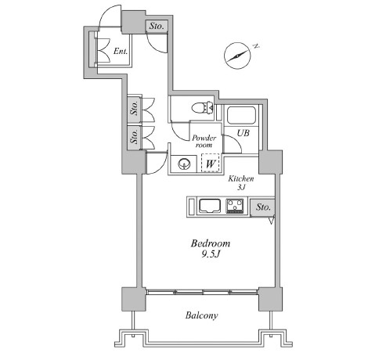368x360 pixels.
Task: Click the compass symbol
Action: coord(237,56)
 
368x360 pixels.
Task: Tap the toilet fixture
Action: coord(202,108)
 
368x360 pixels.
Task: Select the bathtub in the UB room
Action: coord(241,115)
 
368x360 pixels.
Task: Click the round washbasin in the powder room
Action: coord(184,164)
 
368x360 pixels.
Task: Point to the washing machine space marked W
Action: coord(211,163)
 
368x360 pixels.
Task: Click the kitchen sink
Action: coord(210,206)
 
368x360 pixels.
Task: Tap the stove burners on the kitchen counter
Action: coord(235,206)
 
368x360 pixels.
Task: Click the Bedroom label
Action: coord(211,243)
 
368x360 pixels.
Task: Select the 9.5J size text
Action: coord(211,254)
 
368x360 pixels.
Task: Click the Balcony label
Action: coord(201,315)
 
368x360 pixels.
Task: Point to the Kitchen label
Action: coord(241,178)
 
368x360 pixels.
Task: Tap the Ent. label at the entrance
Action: coord(121,51)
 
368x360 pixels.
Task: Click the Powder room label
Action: coord(204,142)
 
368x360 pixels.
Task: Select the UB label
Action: coord(243,133)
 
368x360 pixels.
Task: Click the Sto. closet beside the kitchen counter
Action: coord(262,207)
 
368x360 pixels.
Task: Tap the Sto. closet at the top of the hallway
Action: coord(157,26)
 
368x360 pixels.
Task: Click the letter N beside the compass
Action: coord(257,46)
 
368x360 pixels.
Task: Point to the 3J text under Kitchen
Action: coord(241,187)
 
